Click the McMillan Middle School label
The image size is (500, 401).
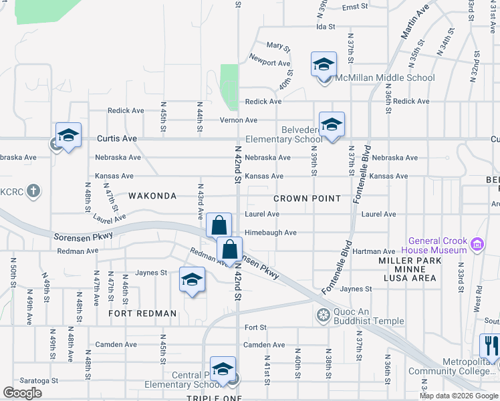point(386,78)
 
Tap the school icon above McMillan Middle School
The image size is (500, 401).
point(324,65)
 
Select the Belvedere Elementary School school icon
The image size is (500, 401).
point(332,124)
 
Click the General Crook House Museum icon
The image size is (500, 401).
point(477,245)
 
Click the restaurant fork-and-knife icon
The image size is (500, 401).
point(490,346)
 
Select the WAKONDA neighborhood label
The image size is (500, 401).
point(152,196)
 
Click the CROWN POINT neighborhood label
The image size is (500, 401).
point(307,198)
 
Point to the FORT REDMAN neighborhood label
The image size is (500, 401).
point(143,313)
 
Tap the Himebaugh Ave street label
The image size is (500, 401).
point(271,233)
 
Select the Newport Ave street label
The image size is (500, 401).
point(270,63)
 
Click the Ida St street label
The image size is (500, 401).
point(325,27)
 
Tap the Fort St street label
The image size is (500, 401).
point(256,327)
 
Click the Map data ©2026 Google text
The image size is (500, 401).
point(459,396)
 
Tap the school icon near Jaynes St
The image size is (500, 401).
point(192,279)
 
